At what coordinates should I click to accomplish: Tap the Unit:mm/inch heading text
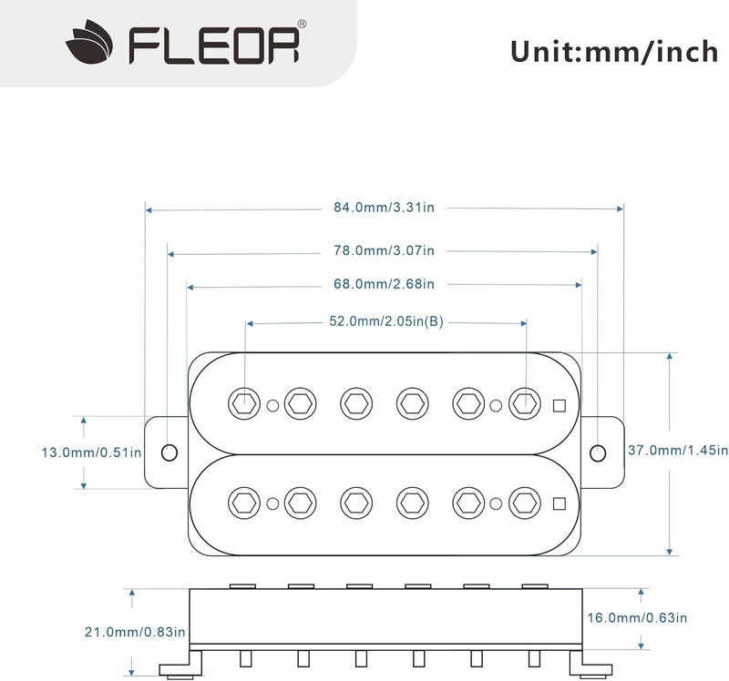614,50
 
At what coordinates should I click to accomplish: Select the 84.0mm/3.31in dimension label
384,208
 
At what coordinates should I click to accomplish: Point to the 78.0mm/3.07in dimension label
384,249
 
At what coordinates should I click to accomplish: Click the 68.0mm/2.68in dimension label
384,284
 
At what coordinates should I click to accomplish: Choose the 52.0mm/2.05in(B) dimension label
386,321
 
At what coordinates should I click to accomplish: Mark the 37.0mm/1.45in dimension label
679,450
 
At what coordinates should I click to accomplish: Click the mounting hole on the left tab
169,452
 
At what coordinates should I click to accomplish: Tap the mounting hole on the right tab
597,452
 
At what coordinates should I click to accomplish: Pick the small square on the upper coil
560,406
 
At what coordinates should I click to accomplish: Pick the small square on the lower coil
560,502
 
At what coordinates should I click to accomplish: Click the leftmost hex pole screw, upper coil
243,401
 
